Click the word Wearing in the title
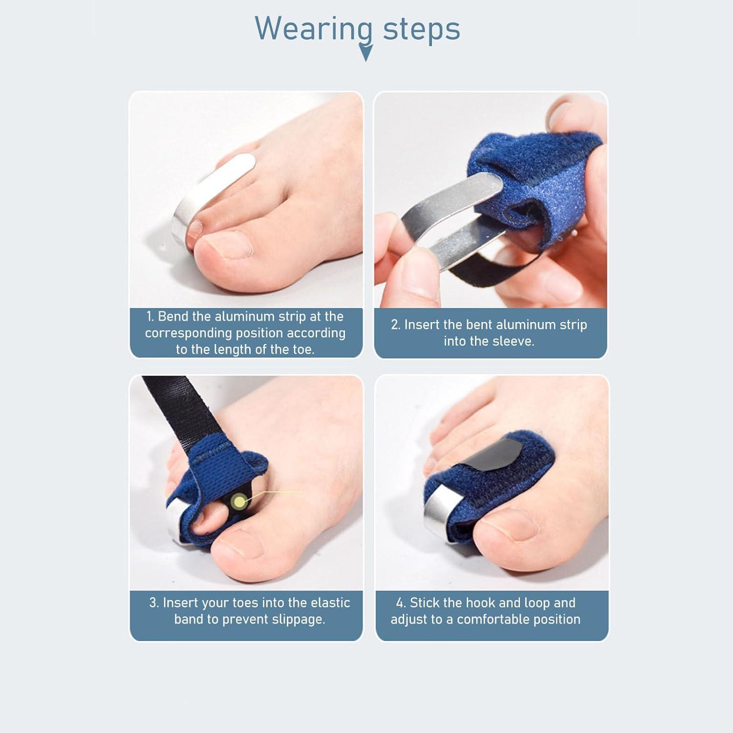[313, 29]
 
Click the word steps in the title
[421, 29]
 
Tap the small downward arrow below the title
[366, 53]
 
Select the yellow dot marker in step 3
[239, 501]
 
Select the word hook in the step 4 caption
[481, 603]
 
